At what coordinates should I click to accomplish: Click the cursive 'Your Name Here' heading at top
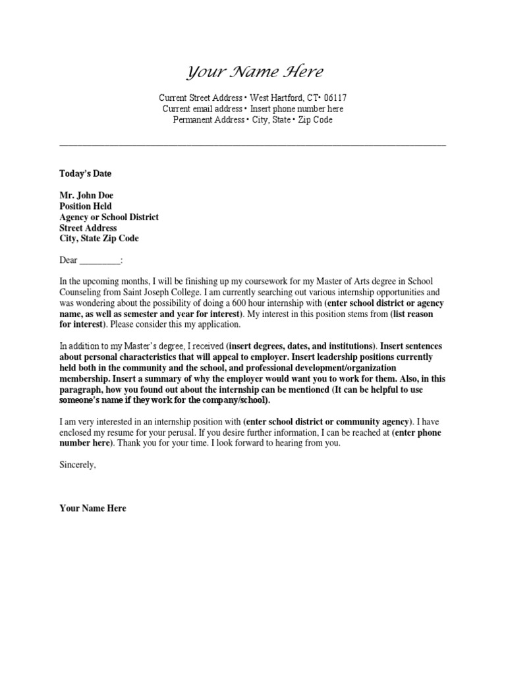click(x=254, y=72)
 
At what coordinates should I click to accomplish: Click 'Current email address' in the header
click(x=202, y=109)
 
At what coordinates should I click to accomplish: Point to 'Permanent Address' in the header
click(x=208, y=120)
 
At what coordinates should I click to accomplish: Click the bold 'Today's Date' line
click(x=86, y=174)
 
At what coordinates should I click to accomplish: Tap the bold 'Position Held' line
click(x=86, y=206)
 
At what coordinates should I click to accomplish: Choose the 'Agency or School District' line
click(x=109, y=217)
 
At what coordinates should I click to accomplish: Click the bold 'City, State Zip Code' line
click(x=99, y=239)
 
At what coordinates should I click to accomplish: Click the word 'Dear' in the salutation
click(x=69, y=260)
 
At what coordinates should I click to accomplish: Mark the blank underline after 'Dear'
click(x=100, y=260)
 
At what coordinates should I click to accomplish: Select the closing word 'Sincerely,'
click(x=78, y=465)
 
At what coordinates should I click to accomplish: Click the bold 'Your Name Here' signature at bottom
click(x=92, y=508)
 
